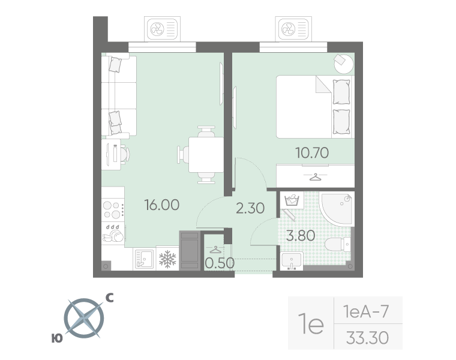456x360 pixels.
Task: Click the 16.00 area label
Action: [x=162, y=205]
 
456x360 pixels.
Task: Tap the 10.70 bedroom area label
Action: [x=312, y=152]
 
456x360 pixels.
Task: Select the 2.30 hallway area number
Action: [x=250, y=208]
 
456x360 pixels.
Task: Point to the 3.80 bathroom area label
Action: [x=301, y=236]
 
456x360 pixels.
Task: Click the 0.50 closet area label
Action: [x=220, y=263]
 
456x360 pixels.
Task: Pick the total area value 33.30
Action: [x=368, y=338]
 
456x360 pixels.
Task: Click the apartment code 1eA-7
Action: [x=366, y=311]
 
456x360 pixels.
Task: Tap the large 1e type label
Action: [x=311, y=323]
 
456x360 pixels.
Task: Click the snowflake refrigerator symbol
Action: [x=167, y=259]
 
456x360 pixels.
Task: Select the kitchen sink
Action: [x=144, y=259]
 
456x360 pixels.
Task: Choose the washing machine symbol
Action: [x=292, y=200]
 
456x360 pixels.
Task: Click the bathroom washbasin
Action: [x=292, y=261]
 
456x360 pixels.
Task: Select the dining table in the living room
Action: [x=206, y=155]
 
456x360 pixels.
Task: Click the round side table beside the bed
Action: [x=343, y=64]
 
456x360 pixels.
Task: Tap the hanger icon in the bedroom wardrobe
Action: [x=315, y=177]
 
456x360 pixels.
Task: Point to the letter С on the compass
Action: [x=109, y=298]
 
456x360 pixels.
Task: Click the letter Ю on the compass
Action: [x=57, y=338]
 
